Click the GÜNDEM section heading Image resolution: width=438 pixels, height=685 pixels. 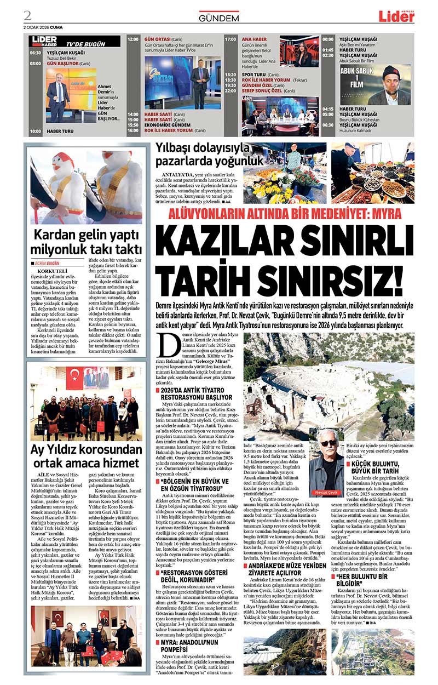218,18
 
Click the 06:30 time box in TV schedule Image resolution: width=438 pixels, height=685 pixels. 36,53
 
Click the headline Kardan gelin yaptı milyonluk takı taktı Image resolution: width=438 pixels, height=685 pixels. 86,242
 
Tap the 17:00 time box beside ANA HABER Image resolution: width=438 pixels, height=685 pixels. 230,39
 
